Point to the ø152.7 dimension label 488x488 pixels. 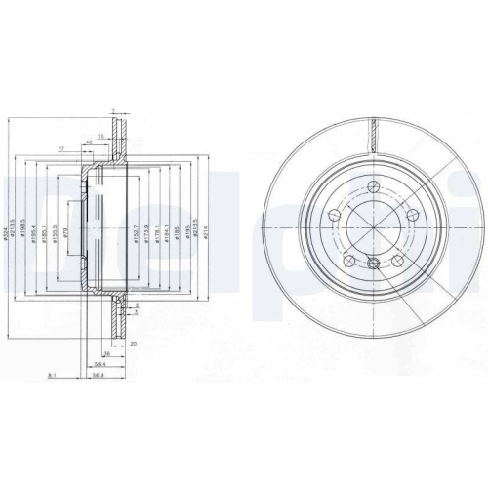135,234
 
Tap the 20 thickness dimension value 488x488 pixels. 133,345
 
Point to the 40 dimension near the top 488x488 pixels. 89,143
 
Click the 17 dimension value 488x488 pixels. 61,148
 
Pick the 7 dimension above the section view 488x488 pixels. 113,111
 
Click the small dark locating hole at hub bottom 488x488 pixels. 373,261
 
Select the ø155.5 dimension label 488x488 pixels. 55,234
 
